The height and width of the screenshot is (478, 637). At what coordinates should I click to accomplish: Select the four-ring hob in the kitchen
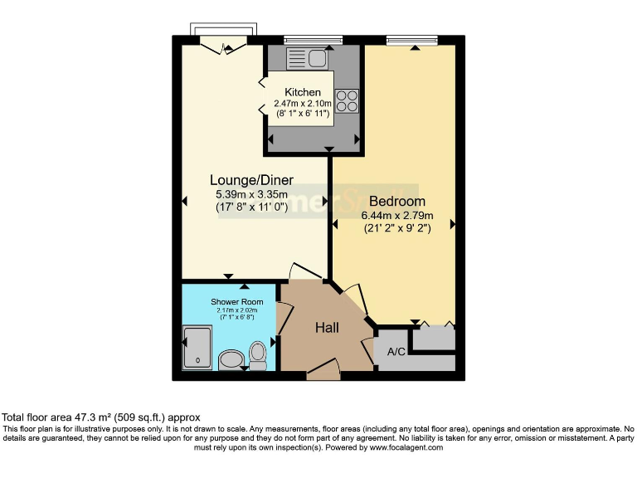pos(348,100)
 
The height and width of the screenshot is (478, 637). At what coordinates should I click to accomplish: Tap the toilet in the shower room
pos(258,356)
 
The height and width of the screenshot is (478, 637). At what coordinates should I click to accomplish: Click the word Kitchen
pos(303,92)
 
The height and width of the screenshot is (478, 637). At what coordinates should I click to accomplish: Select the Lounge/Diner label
pos(247,179)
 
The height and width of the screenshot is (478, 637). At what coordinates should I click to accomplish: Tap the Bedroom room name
pos(397,202)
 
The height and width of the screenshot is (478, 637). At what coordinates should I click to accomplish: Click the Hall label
pos(327,328)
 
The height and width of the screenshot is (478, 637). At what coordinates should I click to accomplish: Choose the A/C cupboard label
pos(396,352)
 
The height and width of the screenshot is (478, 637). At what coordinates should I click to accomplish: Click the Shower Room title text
pos(236,301)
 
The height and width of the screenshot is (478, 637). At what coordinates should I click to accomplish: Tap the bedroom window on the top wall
pos(412,38)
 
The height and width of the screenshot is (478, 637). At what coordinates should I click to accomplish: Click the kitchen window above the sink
pos(313,38)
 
